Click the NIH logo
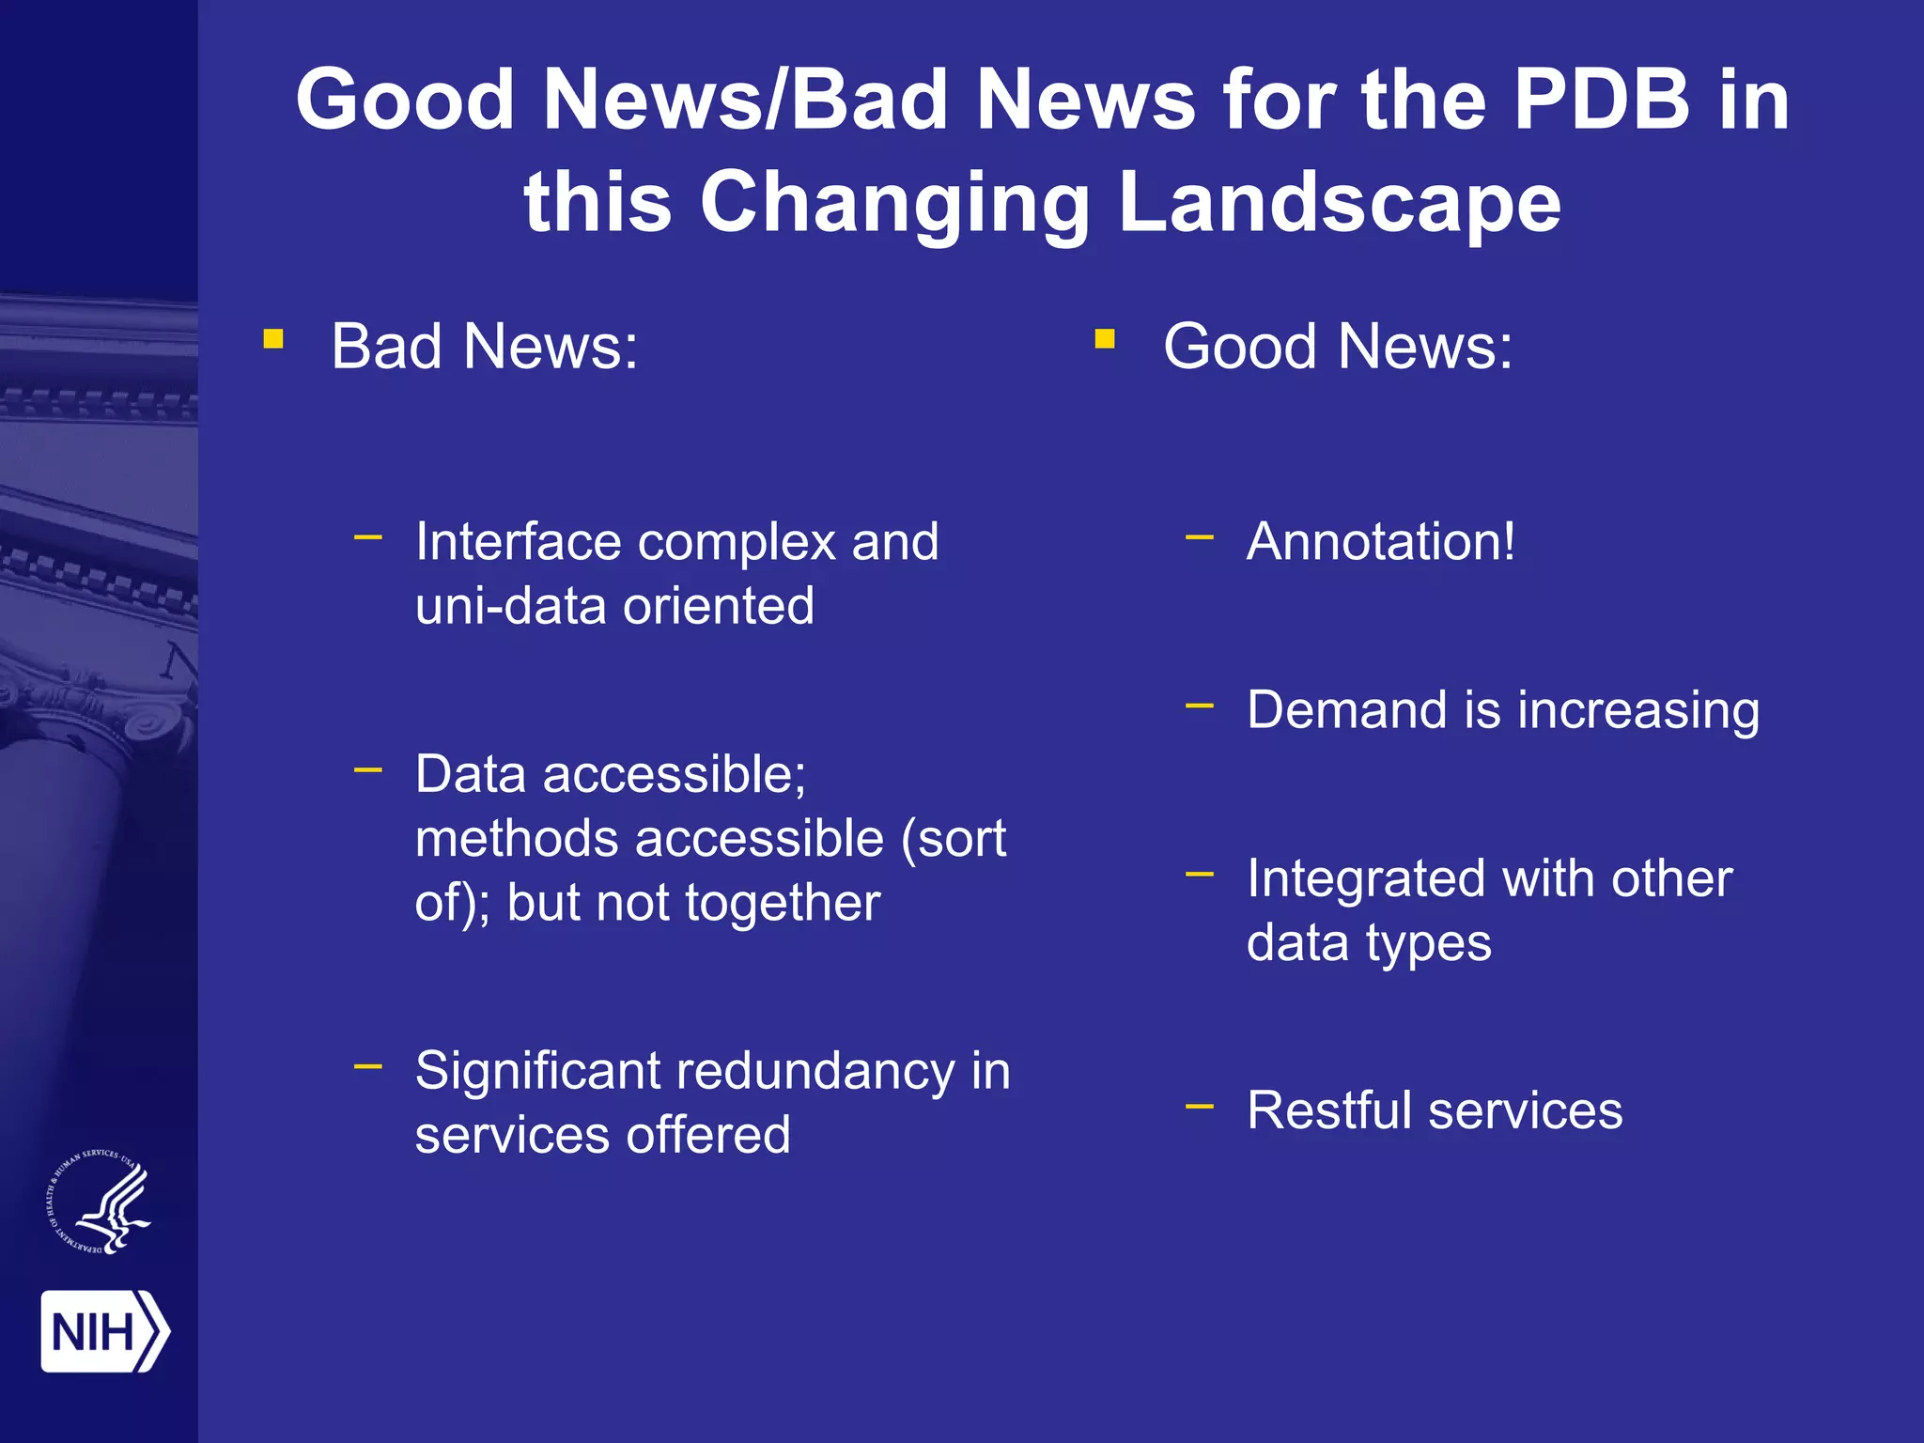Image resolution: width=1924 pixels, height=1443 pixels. (x=104, y=1330)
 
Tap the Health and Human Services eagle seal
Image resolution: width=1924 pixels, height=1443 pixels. (x=100, y=1202)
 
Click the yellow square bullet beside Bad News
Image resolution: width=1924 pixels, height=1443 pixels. (x=273, y=338)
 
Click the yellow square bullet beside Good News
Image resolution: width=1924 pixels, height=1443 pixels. (x=1105, y=338)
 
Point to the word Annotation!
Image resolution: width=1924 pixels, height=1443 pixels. (x=1380, y=542)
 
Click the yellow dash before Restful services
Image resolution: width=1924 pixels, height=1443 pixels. (x=1200, y=1107)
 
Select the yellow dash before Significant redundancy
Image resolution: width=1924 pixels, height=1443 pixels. (x=368, y=1066)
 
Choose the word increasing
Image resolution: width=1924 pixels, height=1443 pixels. (x=1637, y=710)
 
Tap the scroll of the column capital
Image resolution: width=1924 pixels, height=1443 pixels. (x=150, y=723)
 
